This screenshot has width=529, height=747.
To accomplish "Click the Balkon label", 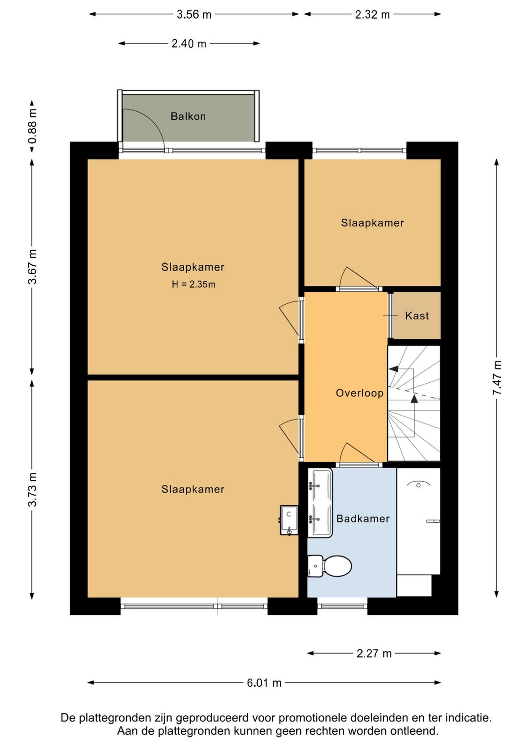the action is click(x=188, y=117).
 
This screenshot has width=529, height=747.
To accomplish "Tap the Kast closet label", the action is click(x=417, y=316).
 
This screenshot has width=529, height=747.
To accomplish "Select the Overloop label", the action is click(x=360, y=393).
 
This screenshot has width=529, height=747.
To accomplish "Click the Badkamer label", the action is click(x=363, y=518).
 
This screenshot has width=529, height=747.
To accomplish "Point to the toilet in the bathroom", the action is click(x=330, y=566).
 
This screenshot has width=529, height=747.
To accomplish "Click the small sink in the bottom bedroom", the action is click(x=289, y=520).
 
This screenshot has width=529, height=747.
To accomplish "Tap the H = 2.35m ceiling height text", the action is click(x=193, y=284).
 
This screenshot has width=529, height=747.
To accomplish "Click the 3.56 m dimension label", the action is click(x=194, y=15).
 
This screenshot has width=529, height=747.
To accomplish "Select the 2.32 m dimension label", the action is click(x=372, y=15).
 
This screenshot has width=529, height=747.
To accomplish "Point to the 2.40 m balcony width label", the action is click(x=189, y=44).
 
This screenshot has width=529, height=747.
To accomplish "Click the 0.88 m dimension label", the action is click(x=33, y=126).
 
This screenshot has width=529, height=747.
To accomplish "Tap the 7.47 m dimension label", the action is click(x=497, y=377).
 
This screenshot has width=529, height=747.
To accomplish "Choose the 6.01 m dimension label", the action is click(x=264, y=683).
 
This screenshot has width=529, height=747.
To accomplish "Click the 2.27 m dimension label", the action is click(x=374, y=654).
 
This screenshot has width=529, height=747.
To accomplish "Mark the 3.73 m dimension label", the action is click(x=33, y=490).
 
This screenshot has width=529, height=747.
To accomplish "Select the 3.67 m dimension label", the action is click(x=33, y=266).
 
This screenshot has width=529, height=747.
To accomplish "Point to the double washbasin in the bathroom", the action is click(x=320, y=503).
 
